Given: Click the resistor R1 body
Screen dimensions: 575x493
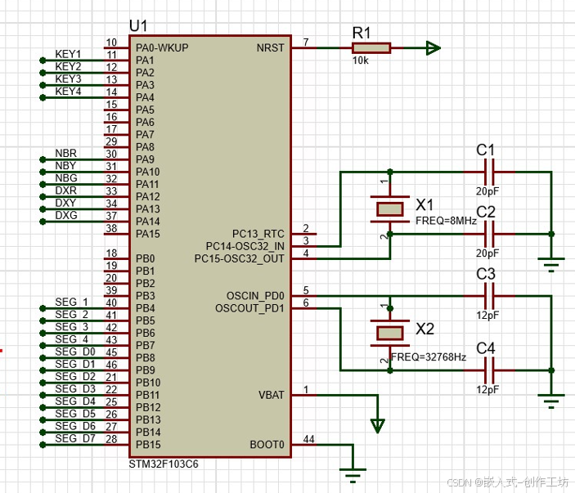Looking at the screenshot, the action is [371, 48].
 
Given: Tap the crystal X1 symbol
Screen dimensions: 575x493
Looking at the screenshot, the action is [390, 209].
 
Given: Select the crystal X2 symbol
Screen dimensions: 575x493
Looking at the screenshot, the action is [390, 334].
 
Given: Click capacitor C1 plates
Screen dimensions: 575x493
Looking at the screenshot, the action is [489, 172].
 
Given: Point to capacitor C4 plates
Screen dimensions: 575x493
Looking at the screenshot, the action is [489, 370].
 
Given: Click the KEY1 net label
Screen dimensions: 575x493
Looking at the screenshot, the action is [68, 54].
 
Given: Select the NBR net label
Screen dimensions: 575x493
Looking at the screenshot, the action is [66, 153].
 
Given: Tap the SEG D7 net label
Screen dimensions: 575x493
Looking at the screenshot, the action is [75, 438].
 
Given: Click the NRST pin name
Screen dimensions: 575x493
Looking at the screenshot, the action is [270, 48].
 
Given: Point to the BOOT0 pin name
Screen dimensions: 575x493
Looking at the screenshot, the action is [267, 445].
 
